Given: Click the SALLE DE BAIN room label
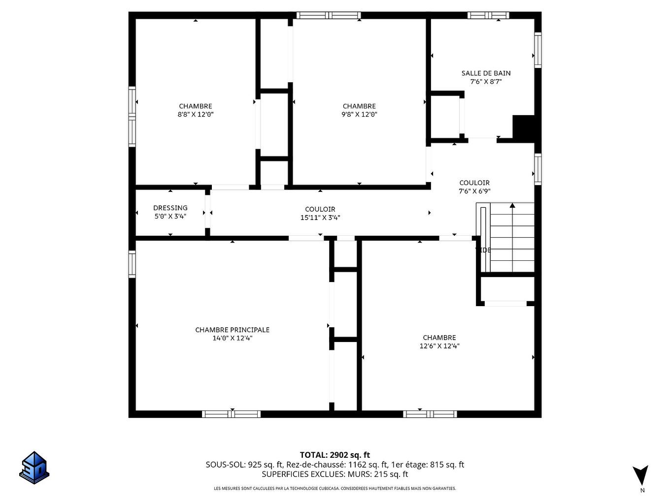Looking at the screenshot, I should (486, 73).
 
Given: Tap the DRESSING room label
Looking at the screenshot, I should (170, 208).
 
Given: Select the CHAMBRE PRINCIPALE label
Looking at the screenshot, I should (232, 330).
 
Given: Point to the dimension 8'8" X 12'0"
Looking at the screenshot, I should (196, 115).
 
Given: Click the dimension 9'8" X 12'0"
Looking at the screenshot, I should (359, 115).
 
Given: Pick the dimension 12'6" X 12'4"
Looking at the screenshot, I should (439, 346).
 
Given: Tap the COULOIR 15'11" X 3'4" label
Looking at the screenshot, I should (320, 213).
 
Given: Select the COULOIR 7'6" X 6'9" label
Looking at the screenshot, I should (474, 187).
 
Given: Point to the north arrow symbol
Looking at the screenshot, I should (640, 475).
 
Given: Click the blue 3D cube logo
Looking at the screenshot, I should (34, 468).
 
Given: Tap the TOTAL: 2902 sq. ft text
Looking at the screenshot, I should (335, 455).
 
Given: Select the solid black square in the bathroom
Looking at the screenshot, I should (524, 127).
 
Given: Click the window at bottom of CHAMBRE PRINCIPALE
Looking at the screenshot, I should (232, 414).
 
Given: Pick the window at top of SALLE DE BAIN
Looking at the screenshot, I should (488, 15).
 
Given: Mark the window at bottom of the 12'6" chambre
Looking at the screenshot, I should (430, 414).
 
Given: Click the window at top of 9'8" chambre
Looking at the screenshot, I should (329, 15).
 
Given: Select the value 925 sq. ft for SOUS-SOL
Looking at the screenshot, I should (266, 465).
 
